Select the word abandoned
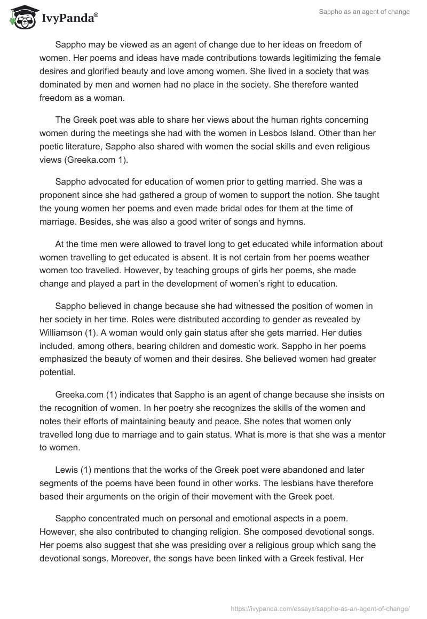(x=291, y=470)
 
